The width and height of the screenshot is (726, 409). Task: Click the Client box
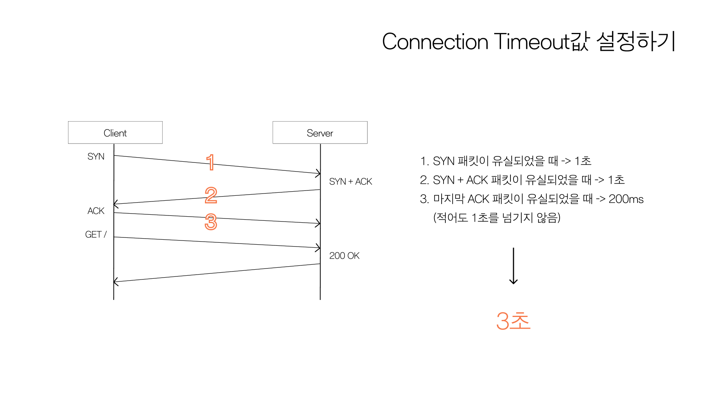pos(115,133)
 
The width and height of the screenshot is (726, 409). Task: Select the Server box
pos(320,133)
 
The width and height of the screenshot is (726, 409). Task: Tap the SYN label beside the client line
pos(96,156)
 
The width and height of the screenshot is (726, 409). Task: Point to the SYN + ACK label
pos(351,181)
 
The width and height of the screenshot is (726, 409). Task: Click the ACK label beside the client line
pos(96,211)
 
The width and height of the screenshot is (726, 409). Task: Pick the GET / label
pos(96,234)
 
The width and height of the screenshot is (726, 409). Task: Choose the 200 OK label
pos(344,256)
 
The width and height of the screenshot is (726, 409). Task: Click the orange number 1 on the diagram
pos(211,162)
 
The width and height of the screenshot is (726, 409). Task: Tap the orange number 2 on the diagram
pos(211,195)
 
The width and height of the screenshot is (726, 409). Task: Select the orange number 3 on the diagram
pos(211,222)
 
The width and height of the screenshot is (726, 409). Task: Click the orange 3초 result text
pos(513,321)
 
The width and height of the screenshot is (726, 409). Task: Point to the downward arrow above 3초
pos(513,266)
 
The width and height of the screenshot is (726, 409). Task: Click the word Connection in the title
pos(435,42)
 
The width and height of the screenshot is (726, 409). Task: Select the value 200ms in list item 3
pos(626,199)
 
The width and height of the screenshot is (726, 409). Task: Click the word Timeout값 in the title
pos(541,42)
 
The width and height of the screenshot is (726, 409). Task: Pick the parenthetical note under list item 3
pos(496,217)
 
